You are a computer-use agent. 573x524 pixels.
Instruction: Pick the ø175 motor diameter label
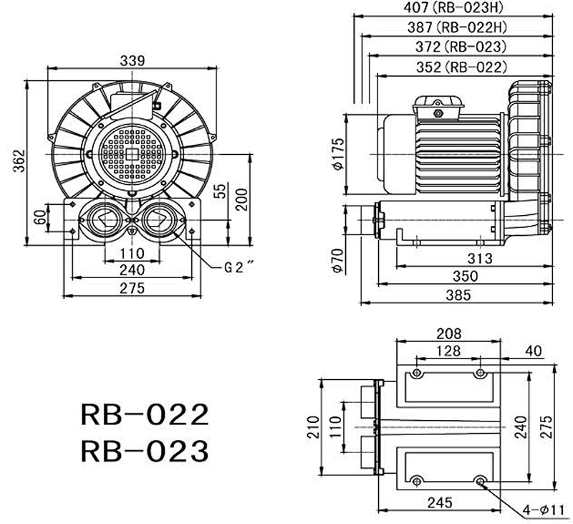click(x=340, y=153)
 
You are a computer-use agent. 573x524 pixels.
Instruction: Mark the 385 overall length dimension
click(x=458, y=294)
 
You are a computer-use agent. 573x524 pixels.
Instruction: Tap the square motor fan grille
click(x=132, y=152)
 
